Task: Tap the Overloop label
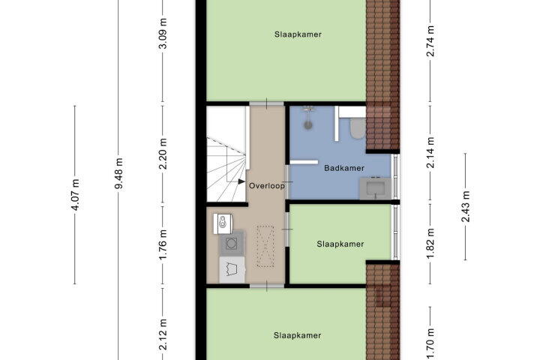pyautogui.click(x=267, y=185)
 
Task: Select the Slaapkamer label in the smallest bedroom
pyautogui.click(x=340, y=244)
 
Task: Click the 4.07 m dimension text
pyautogui.click(x=75, y=193)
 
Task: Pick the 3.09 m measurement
pyautogui.click(x=163, y=36)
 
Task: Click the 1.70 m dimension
pyautogui.click(x=430, y=337)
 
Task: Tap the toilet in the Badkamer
pyautogui.click(x=357, y=130)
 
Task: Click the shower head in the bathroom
pyautogui.click(x=307, y=111)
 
